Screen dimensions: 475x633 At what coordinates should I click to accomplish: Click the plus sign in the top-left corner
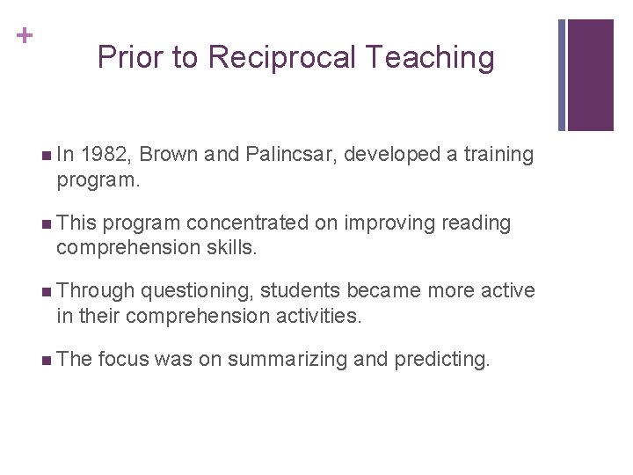[x=27, y=36]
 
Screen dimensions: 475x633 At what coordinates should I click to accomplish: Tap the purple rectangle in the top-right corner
[x=590, y=75]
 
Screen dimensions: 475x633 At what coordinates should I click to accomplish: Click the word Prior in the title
[x=129, y=58]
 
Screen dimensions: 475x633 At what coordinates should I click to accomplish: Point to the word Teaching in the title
[x=430, y=58]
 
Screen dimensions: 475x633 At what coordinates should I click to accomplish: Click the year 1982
[x=106, y=155]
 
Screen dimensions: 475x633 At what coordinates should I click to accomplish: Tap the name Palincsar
[x=288, y=155]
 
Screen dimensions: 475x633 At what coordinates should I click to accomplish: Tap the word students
[x=301, y=291]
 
